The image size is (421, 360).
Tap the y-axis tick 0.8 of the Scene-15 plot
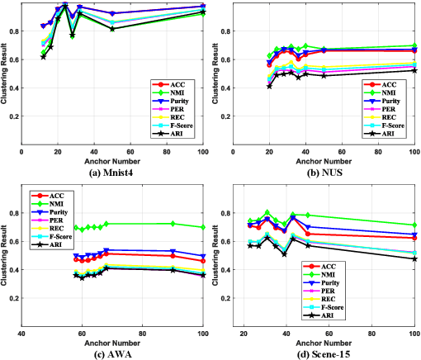click(225, 213)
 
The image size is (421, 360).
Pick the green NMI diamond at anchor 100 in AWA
click(203, 227)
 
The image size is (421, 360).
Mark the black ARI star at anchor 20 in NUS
click(269, 86)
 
